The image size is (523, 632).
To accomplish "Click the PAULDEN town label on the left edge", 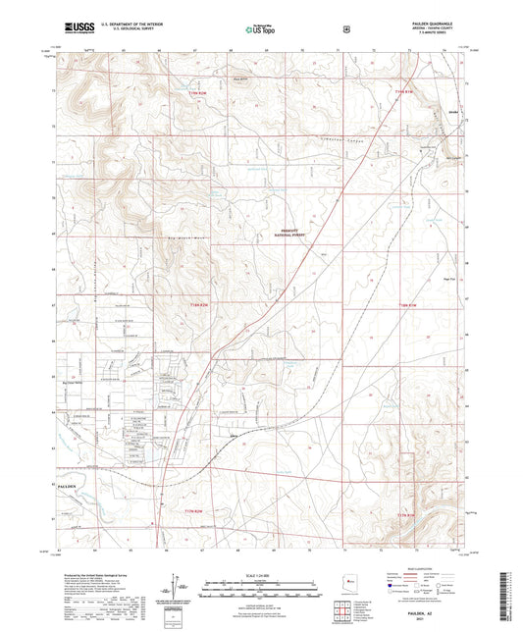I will pos(67,486).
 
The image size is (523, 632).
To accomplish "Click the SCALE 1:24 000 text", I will pos(261,571).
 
